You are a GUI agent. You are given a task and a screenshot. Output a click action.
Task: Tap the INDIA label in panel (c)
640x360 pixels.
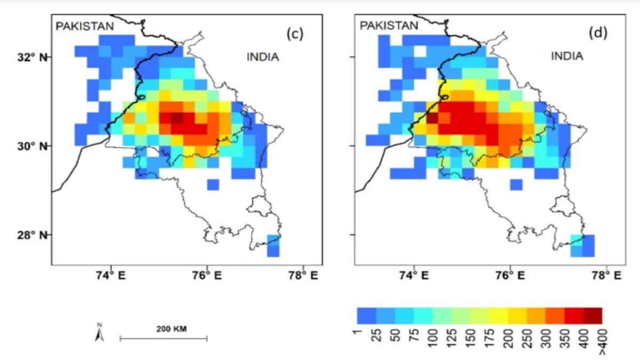pos(262,57)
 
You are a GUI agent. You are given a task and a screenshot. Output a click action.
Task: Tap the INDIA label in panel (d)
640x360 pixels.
pos(567,56)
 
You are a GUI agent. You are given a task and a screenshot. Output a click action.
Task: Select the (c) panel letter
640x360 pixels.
pos(294,34)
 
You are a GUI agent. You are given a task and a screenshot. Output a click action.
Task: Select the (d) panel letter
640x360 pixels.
pos(598,34)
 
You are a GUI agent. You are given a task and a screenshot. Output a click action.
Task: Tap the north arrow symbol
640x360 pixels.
pos(99,334)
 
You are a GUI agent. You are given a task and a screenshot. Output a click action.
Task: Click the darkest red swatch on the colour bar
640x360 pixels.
pos(593,315)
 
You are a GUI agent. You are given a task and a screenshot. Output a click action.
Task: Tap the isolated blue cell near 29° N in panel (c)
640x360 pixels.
pos(213,185)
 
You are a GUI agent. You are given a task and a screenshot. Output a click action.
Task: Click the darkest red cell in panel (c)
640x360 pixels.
pos(177,118)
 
